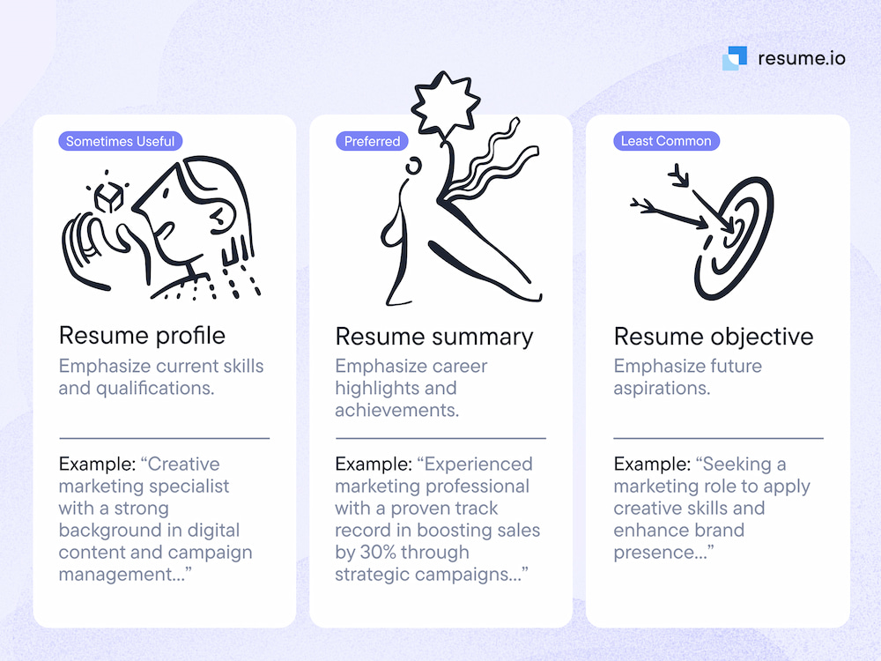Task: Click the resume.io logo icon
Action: click(735, 58)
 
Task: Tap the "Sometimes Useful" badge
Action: click(121, 141)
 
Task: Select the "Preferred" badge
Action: click(372, 141)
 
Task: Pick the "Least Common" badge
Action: click(666, 141)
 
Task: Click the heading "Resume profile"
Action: click(142, 336)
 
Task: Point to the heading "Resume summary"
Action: click(434, 337)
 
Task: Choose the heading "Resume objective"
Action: click(714, 337)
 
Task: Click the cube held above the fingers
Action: click(108, 197)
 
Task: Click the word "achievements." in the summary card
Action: click(397, 410)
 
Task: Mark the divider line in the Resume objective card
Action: click(718, 438)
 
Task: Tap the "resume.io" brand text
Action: click(801, 58)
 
